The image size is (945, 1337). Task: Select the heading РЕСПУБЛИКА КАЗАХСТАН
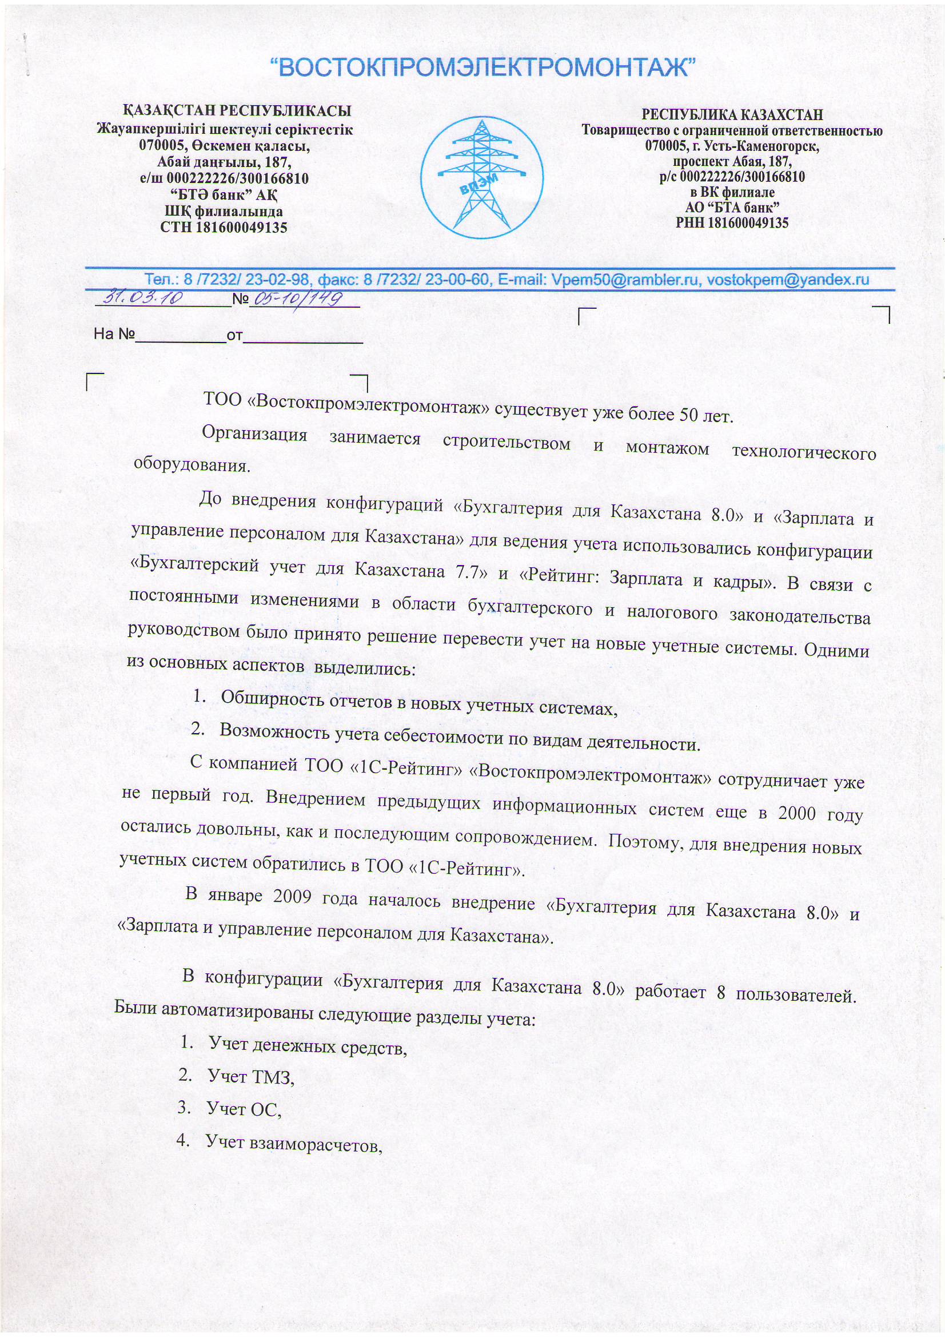click(x=732, y=115)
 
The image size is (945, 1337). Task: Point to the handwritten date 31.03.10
click(x=142, y=298)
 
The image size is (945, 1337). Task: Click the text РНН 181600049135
click(x=732, y=222)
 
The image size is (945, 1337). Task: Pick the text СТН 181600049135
click(x=224, y=228)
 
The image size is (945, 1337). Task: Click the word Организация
click(x=254, y=435)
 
